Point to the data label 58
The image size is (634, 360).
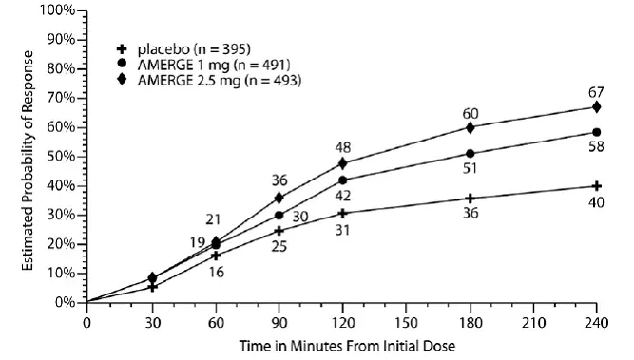(596, 148)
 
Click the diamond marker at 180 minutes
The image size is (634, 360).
(470, 127)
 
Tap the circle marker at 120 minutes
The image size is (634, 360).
(342, 180)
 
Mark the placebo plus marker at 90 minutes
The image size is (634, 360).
(279, 230)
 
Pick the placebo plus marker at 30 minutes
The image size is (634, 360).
(151, 286)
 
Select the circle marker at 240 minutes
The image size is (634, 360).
(596, 132)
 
